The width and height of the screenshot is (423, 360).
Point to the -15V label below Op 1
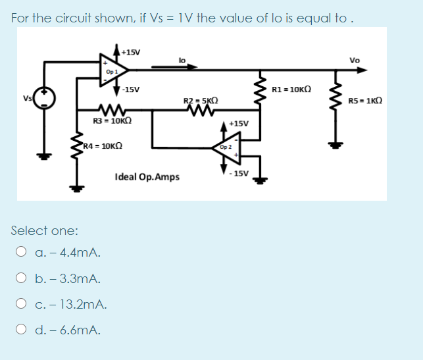(x=130, y=89)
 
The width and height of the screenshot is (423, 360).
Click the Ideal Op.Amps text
(x=147, y=177)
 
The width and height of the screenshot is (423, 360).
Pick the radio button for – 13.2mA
(x=22, y=305)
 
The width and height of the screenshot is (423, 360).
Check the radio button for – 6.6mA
(x=22, y=330)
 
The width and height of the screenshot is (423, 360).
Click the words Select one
(x=45, y=231)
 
